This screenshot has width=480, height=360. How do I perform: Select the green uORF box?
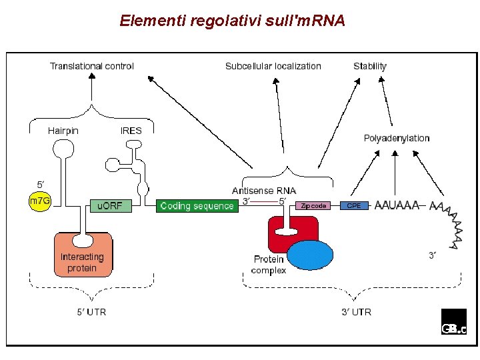(111, 206)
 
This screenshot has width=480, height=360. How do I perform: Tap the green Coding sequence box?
(197, 206)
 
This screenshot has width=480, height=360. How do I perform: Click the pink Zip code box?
(313, 206)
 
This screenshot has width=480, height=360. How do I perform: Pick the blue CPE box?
(354, 206)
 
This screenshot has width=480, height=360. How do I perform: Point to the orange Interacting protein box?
(83, 257)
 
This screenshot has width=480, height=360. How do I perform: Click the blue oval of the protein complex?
(310, 255)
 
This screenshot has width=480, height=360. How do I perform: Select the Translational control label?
(92, 66)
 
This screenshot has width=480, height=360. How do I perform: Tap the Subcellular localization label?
(273, 66)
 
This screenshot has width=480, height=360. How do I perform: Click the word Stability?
(370, 66)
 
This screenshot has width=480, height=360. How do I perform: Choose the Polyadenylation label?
(397, 138)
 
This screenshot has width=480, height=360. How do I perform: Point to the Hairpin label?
(63, 131)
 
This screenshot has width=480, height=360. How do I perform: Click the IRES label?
(131, 131)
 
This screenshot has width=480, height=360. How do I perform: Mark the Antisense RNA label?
(264, 191)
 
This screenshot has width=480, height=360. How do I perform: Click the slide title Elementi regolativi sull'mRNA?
(233, 21)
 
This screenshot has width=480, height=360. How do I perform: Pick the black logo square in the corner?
(454, 321)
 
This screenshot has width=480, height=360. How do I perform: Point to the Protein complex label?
(269, 265)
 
